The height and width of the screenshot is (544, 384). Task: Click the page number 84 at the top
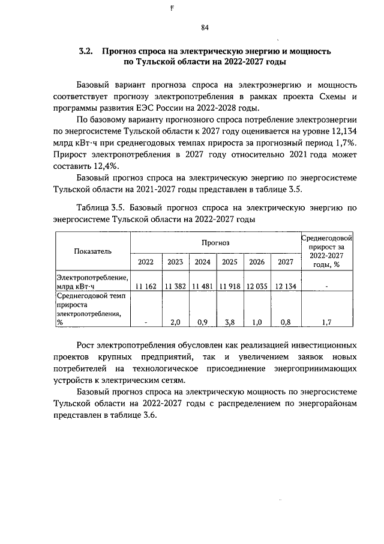point(205,27)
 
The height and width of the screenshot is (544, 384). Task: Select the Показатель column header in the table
point(92,252)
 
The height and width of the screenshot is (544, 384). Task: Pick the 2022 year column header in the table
point(145,261)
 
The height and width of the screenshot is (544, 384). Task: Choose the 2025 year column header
point(229,261)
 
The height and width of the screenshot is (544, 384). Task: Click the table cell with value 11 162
point(146,286)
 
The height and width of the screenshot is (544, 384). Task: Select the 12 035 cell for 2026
point(257,286)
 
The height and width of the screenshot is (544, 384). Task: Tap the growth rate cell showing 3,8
point(229,322)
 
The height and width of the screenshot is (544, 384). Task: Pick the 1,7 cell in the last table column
point(326,322)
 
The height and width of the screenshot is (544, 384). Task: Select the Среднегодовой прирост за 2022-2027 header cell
point(326,251)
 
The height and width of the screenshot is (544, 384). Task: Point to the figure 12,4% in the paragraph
point(103,166)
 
